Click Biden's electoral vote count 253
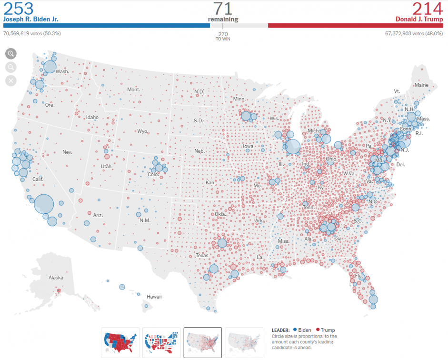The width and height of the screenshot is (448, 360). point(19,9)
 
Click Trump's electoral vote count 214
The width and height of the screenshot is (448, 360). point(428,9)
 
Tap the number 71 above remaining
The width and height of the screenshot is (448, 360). point(223,9)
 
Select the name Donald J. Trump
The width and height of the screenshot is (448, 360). point(419,19)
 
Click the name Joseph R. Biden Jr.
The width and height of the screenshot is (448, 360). point(30,19)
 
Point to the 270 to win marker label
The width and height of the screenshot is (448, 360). point(223,36)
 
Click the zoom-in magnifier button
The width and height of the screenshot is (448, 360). point(11,54)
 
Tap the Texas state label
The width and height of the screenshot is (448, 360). point(202,255)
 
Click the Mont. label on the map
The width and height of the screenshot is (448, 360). point(134,90)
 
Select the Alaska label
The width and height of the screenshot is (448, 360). point(56,278)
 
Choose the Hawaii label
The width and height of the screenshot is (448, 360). point(154,297)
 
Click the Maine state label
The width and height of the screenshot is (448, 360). point(421,85)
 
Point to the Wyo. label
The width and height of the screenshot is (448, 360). point(143,131)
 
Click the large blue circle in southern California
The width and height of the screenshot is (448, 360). point(44,204)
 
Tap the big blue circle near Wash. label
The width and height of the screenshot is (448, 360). point(50,67)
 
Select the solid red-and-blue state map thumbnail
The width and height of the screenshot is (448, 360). point(120,342)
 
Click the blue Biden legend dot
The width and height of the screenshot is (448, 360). point(295,330)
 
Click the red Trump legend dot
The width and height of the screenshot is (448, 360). point(318,330)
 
